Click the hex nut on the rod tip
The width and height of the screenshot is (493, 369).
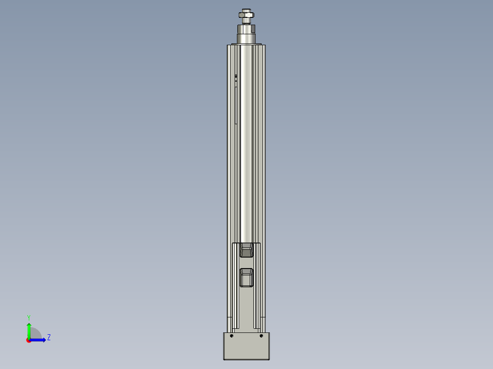pos(246,16)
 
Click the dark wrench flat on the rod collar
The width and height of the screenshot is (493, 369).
pos(246,31)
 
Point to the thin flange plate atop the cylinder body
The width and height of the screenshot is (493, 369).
pos(246,44)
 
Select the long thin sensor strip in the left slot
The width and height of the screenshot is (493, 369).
pos(236,105)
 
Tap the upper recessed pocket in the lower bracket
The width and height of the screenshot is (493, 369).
pos(246,250)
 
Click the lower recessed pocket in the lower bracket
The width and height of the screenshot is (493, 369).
pos(246,277)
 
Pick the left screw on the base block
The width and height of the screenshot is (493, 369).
pos(232,336)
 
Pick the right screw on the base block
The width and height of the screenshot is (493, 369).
pos(261,336)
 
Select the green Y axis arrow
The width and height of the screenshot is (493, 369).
pos(29,330)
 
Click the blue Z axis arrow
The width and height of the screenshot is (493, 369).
pos(39,340)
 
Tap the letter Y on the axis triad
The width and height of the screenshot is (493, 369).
pos(29,317)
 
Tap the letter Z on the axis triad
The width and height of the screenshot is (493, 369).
pos(48,338)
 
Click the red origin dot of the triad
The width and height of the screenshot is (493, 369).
pos(29,340)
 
